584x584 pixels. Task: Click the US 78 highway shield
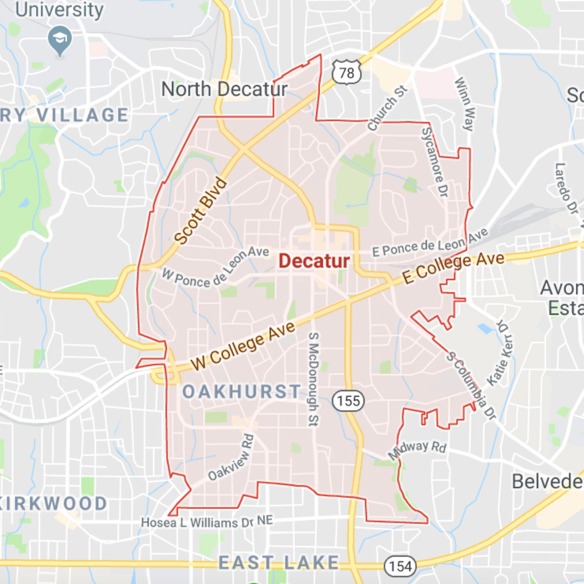coord(347,73)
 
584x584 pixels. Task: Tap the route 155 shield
coord(348,401)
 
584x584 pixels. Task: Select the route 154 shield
coord(401,566)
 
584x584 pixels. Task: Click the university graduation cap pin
coord(60,39)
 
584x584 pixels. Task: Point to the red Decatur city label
coord(314,261)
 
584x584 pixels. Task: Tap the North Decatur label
coord(224,89)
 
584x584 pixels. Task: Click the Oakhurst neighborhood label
coord(241,392)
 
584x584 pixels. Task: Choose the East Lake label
coord(278,563)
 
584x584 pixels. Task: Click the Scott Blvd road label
coord(201,211)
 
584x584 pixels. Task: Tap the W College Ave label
coord(243,346)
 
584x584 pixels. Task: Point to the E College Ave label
coord(453,267)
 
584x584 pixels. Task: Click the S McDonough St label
coord(313,379)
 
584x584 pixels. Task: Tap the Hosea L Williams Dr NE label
coord(207,522)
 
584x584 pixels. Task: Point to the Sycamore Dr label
coord(434,162)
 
